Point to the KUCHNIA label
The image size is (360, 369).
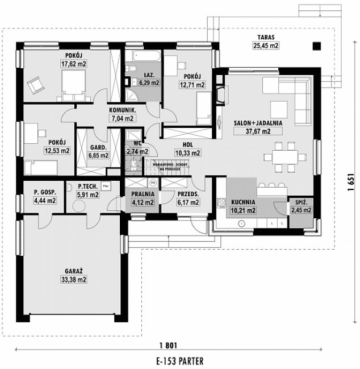tap(242, 202)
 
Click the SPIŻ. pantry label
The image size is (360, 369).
tap(301, 202)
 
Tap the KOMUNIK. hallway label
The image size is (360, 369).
tap(122, 111)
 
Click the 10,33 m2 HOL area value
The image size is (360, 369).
tap(187, 152)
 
